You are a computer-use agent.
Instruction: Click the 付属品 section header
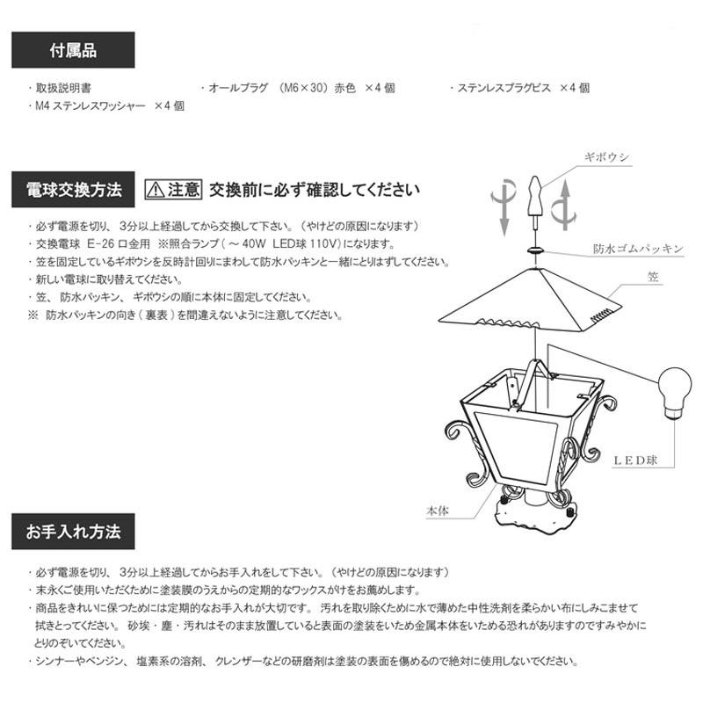(x=73, y=50)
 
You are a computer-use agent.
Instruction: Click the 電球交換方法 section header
(x=73, y=189)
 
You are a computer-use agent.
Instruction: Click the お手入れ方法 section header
(x=73, y=533)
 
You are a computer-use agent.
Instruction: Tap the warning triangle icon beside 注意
(x=156, y=189)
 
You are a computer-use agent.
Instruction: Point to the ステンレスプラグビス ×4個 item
(x=519, y=89)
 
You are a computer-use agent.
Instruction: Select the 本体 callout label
(x=437, y=510)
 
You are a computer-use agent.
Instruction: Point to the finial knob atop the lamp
(x=532, y=198)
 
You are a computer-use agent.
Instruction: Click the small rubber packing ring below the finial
(x=533, y=250)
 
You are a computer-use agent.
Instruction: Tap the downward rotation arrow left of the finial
(x=503, y=204)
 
